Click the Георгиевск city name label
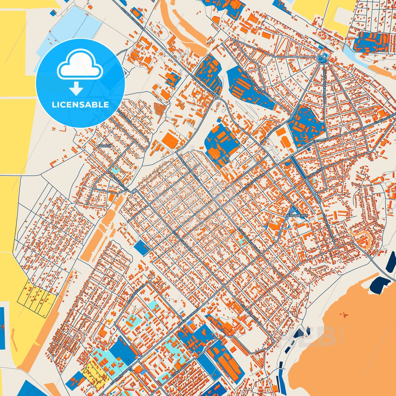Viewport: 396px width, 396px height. [297, 216]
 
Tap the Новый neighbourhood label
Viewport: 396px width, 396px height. [105, 146]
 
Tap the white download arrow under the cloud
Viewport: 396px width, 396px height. [76, 88]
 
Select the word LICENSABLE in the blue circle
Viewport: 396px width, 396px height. [80, 105]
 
